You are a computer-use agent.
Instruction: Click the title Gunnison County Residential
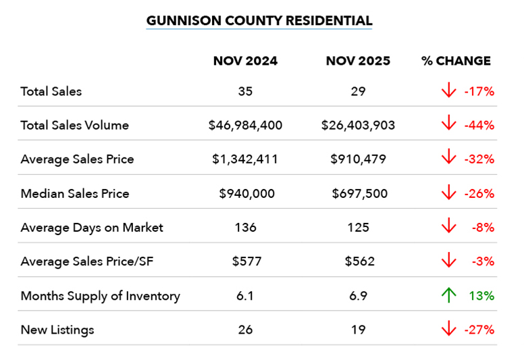[x=259, y=20]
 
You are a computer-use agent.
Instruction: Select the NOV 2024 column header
[x=245, y=61]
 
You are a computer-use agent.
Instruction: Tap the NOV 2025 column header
[x=358, y=61]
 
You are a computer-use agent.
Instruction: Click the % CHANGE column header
[x=456, y=61]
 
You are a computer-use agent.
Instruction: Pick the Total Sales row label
[x=51, y=91]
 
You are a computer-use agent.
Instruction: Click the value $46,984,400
[x=246, y=125]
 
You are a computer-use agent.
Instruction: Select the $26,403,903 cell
[x=359, y=125]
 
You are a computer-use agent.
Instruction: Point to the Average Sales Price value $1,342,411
[x=246, y=159]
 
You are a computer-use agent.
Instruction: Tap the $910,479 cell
[x=359, y=159]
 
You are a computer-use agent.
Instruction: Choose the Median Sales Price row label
[x=75, y=194]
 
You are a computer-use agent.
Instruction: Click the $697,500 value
[x=359, y=194]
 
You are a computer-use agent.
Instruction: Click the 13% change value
[x=481, y=296]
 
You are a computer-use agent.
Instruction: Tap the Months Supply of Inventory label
[x=101, y=296]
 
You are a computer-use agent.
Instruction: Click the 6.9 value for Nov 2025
[x=359, y=296]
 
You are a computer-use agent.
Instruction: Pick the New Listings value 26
[x=246, y=330]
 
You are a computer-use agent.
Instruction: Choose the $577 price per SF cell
[x=246, y=262]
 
